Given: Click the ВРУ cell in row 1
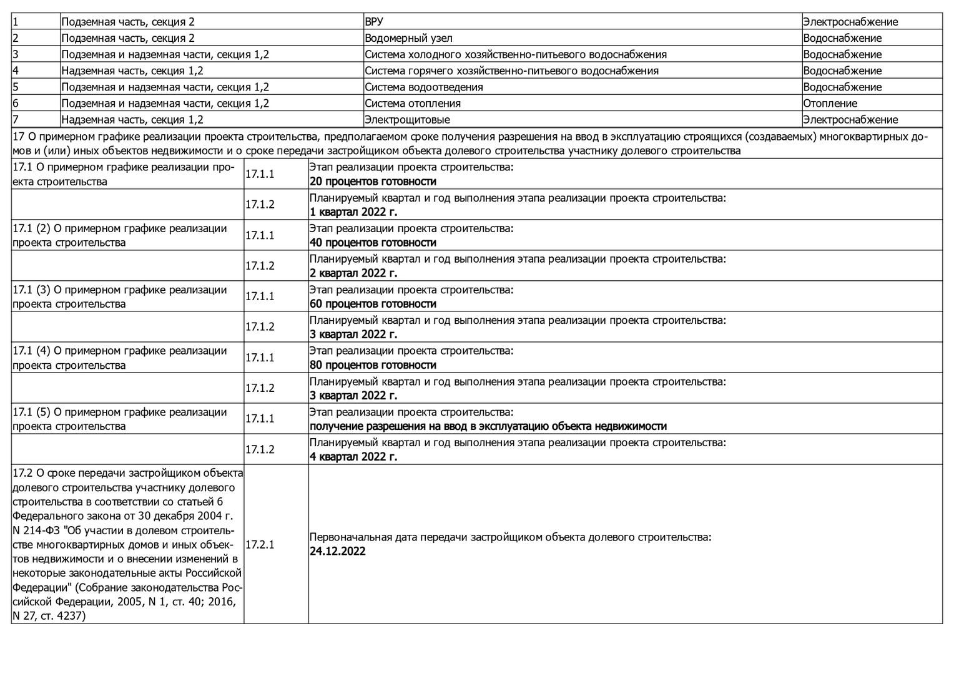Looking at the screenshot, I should click(374, 22).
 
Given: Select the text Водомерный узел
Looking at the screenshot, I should click(408, 38).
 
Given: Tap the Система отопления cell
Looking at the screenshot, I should click(413, 103).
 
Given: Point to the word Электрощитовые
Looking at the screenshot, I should click(407, 119).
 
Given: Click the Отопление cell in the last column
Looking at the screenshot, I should click(830, 103).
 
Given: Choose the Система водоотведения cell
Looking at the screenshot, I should click(424, 87).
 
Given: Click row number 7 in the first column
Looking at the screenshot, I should click(16, 119).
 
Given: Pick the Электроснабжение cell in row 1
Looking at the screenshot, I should click(850, 22).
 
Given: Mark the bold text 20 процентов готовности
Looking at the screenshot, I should click(373, 182).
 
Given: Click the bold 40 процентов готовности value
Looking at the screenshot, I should click(373, 243).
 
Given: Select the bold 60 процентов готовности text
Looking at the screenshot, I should click(373, 304).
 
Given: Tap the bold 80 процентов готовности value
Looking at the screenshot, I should click(373, 365).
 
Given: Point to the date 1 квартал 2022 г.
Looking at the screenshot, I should click(353, 212).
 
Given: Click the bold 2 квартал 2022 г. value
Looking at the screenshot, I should click(353, 273).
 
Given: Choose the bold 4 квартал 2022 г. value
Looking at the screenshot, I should click(353, 457).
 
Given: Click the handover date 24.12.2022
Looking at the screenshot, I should click(338, 552).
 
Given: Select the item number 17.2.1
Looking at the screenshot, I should click(260, 544).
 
